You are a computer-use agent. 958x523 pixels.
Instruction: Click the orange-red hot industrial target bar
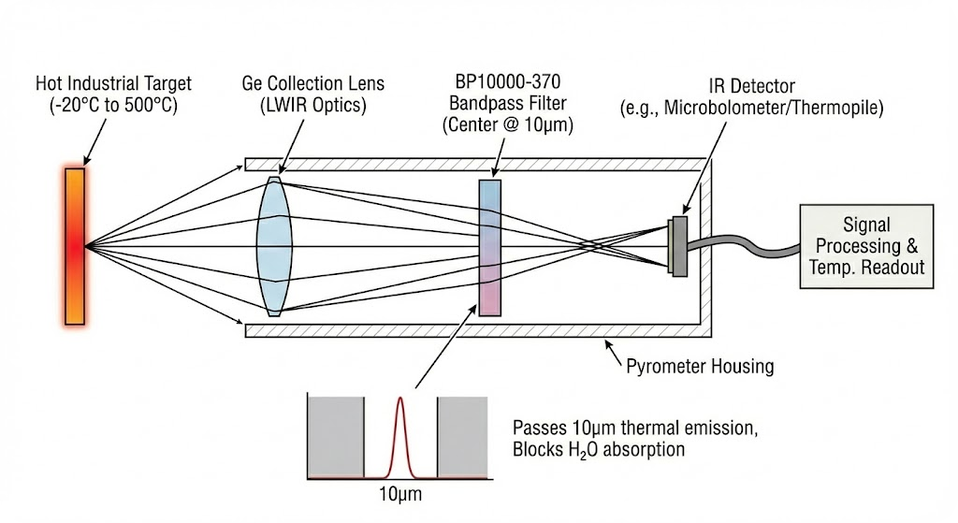pos(75,245)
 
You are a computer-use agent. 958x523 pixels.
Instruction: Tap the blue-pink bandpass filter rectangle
pos(490,247)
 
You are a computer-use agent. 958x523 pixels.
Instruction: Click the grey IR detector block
pos(678,247)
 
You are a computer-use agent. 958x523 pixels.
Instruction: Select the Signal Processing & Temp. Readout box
pos(865,246)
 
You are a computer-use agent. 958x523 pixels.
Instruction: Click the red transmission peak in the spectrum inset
pos(400,430)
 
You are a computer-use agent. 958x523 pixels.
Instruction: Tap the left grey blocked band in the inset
pos(335,436)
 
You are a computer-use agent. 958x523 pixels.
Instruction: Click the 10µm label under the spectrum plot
pos(400,492)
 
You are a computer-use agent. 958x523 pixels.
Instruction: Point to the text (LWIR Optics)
pos(312,105)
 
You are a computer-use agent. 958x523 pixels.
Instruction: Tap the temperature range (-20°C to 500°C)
pos(113,105)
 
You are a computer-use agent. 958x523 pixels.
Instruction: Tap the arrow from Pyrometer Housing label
pos(616,355)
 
